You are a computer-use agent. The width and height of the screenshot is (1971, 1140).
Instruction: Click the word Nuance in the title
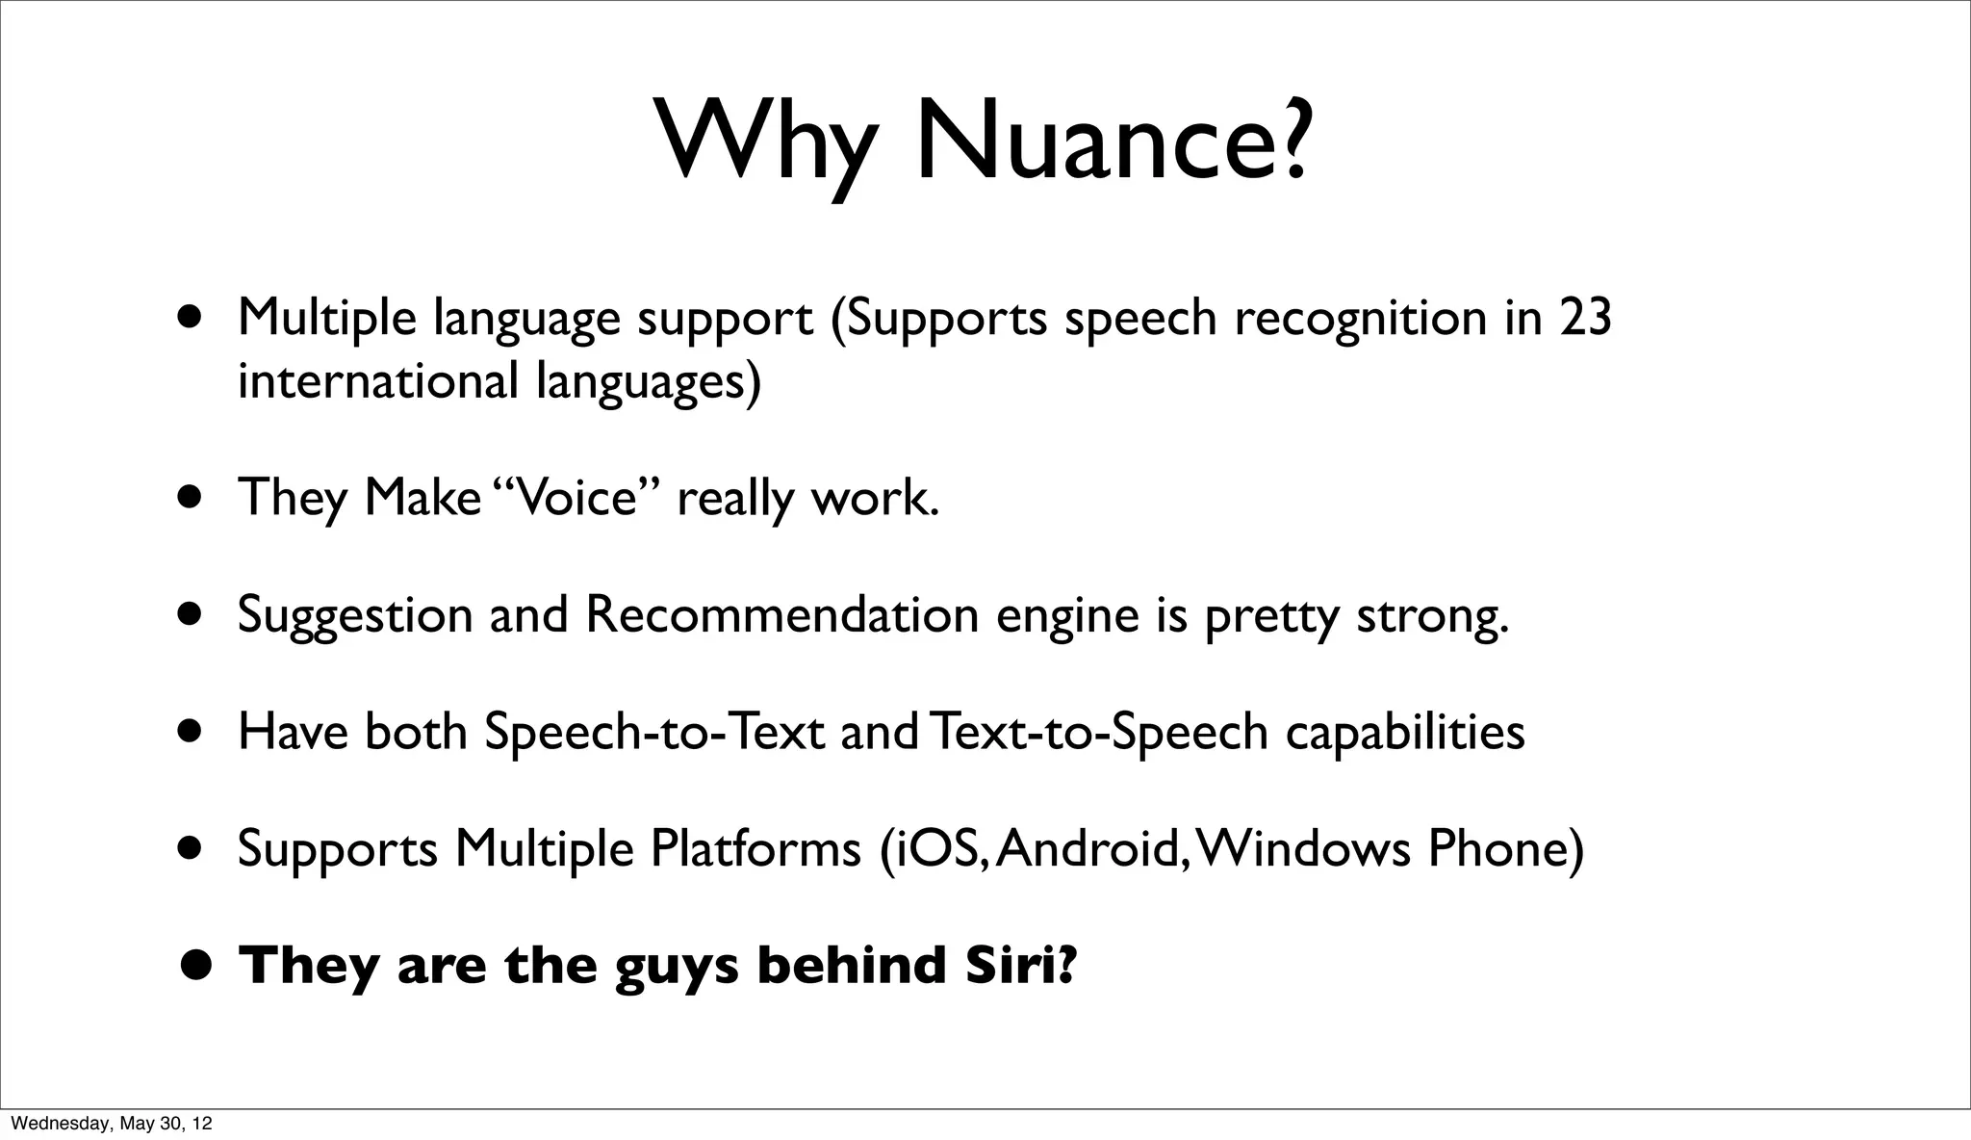tap(1113, 141)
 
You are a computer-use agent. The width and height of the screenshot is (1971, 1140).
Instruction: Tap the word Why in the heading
tap(767, 141)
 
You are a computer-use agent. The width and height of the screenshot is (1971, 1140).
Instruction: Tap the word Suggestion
tap(355, 616)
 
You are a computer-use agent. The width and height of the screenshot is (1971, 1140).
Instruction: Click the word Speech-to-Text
tap(654, 732)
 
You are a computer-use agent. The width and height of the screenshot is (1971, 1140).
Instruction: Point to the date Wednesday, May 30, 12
tap(112, 1124)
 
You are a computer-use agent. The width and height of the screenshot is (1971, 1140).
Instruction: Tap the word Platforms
tap(755, 848)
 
